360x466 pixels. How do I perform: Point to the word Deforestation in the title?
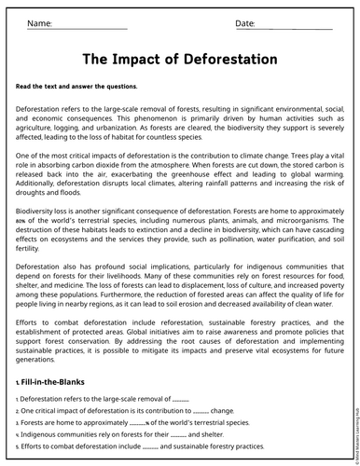pos(234,60)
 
